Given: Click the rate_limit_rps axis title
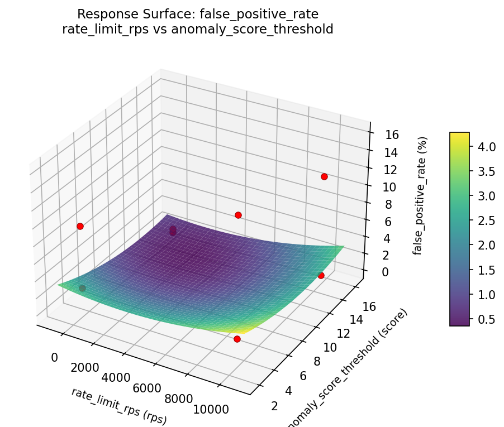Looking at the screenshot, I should pyautogui.click(x=118, y=404).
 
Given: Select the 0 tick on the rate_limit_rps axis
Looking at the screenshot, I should pyautogui.click(x=55, y=357).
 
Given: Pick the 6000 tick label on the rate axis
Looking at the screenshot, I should pyautogui.click(x=148, y=388).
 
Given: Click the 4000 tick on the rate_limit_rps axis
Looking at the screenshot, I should pyautogui.click(x=116, y=378).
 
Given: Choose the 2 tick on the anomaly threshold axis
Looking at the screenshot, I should pyautogui.click(x=274, y=405).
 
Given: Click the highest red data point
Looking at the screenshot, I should pyautogui.click(x=324, y=177).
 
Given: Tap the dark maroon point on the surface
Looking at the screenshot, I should pyautogui.click(x=173, y=230).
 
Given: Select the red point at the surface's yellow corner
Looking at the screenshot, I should pyautogui.click(x=237, y=339).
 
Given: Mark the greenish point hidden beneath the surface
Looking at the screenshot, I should pyautogui.click(x=82, y=288).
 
